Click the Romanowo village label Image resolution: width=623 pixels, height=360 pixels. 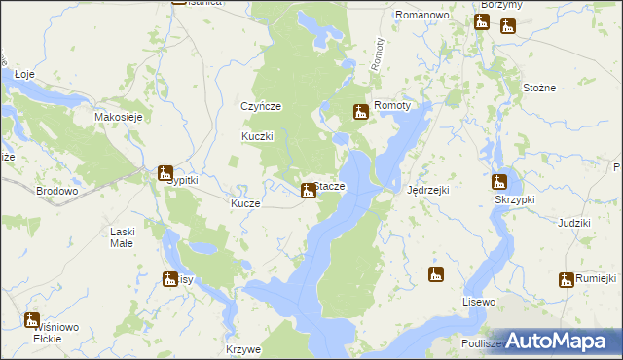421,16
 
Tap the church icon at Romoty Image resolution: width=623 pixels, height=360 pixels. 361,113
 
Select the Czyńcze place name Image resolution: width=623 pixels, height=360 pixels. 261,106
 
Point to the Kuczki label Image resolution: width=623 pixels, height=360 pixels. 258,136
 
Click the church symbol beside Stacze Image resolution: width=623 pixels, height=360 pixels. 309,190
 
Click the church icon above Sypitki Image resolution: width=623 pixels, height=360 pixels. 165,173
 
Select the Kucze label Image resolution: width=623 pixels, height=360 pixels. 244,204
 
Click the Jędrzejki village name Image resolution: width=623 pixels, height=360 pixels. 427,190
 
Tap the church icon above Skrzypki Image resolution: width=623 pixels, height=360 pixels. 499,182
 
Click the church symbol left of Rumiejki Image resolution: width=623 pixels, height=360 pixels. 566,281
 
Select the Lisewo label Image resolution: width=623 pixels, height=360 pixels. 479,303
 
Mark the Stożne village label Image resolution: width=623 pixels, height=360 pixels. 538,88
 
